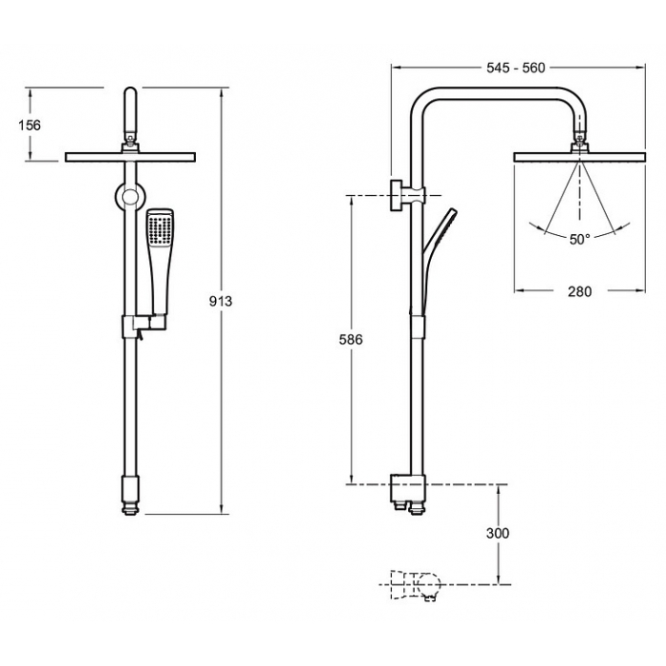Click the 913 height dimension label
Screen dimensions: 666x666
click(x=221, y=301)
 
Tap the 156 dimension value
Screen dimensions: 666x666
click(x=29, y=125)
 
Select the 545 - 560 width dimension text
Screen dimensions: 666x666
click(x=516, y=68)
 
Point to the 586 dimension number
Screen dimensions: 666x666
click(x=351, y=340)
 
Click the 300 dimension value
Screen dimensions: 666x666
click(x=498, y=533)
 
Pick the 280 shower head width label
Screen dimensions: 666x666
click(x=579, y=291)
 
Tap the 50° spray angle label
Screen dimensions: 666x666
click(x=579, y=239)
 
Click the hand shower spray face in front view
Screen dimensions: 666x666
click(x=160, y=228)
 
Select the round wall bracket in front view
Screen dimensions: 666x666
click(x=130, y=197)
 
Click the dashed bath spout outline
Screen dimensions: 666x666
click(x=414, y=585)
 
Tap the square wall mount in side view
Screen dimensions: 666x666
click(x=397, y=195)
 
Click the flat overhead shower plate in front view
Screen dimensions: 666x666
click(x=130, y=157)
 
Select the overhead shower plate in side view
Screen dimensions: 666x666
click(x=579, y=157)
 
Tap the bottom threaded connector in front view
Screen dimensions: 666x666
click(x=130, y=508)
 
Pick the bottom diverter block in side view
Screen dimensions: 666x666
click(x=407, y=487)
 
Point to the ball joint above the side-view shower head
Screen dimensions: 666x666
click(x=579, y=137)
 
